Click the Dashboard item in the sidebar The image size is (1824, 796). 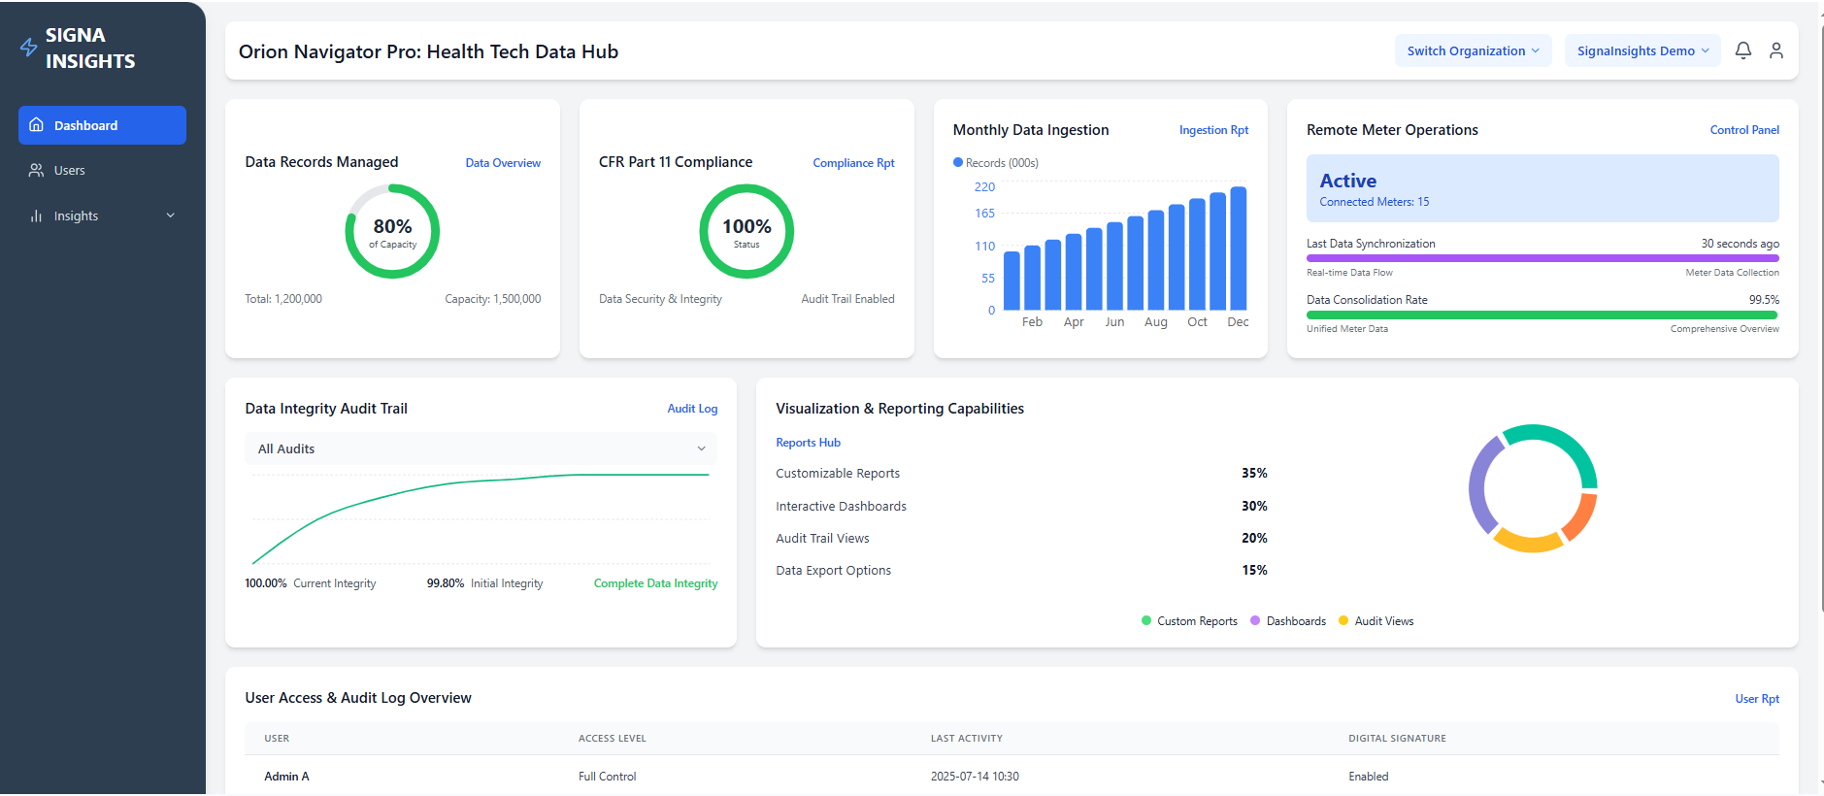[x=102, y=125]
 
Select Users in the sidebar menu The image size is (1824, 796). [x=69, y=171]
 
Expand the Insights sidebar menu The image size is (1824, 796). [x=102, y=216]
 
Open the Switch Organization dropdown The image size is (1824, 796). [x=1472, y=51]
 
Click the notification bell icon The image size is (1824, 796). [x=1742, y=50]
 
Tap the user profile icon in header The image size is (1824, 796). [x=1775, y=50]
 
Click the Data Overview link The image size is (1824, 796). [x=503, y=163]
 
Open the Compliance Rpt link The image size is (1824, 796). [x=853, y=163]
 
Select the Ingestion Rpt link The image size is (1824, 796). [x=1213, y=130]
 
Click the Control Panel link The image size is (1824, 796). [x=1743, y=130]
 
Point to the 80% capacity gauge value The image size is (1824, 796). [x=392, y=227]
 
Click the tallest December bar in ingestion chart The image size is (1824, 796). [x=1238, y=249]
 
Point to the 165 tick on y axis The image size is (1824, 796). [x=984, y=214]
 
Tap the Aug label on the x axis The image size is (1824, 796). [x=1155, y=322]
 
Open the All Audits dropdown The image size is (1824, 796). [x=481, y=448]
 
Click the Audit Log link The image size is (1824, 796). [x=692, y=409]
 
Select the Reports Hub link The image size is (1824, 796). [x=808, y=443]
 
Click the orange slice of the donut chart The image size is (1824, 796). [x=1581, y=515]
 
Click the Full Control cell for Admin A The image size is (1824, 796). [x=607, y=777]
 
